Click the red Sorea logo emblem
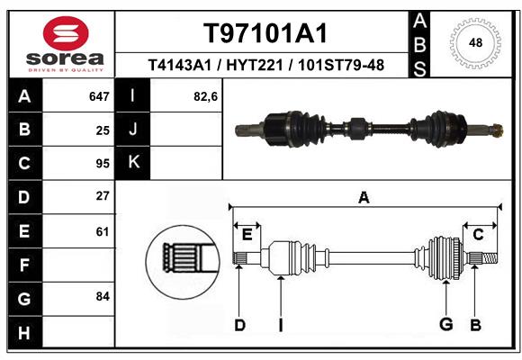(65, 33)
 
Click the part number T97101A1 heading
(265, 33)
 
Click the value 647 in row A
(99, 95)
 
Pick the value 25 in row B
(103, 130)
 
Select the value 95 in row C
(103, 164)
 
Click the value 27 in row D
(103, 195)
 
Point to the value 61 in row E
(103, 231)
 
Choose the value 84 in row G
(103, 296)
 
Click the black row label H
(23, 333)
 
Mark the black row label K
(133, 163)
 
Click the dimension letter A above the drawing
(364, 198)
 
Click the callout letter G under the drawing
(445, 325)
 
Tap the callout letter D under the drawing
(239, 325)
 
